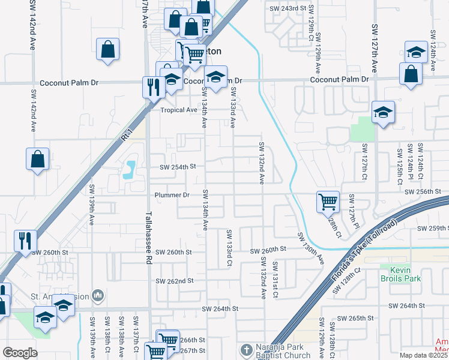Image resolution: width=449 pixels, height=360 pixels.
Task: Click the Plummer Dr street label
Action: pyautogui.click(x=172, y=195)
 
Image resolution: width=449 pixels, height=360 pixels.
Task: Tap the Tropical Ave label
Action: pyautogui.click(x=178, y=110)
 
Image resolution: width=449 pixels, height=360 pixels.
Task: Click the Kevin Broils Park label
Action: pyautogui.click(x=400, y=274)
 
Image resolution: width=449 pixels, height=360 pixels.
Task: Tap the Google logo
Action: pyautogui.click(x=20, y=352)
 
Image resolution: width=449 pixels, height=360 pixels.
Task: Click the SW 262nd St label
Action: pyautogui.click(x=175, y=281)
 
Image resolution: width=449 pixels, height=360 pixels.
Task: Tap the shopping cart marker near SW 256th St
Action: pyautogui.click(x=328, y=202)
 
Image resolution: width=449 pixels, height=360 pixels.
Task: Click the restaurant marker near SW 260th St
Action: pyautogui.click(x=25, y=241)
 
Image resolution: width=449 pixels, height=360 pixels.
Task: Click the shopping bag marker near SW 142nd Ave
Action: pyautogui.click(x=37, y=159)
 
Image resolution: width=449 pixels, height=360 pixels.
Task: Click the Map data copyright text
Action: pyautogui.click(x=424, y=355)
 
